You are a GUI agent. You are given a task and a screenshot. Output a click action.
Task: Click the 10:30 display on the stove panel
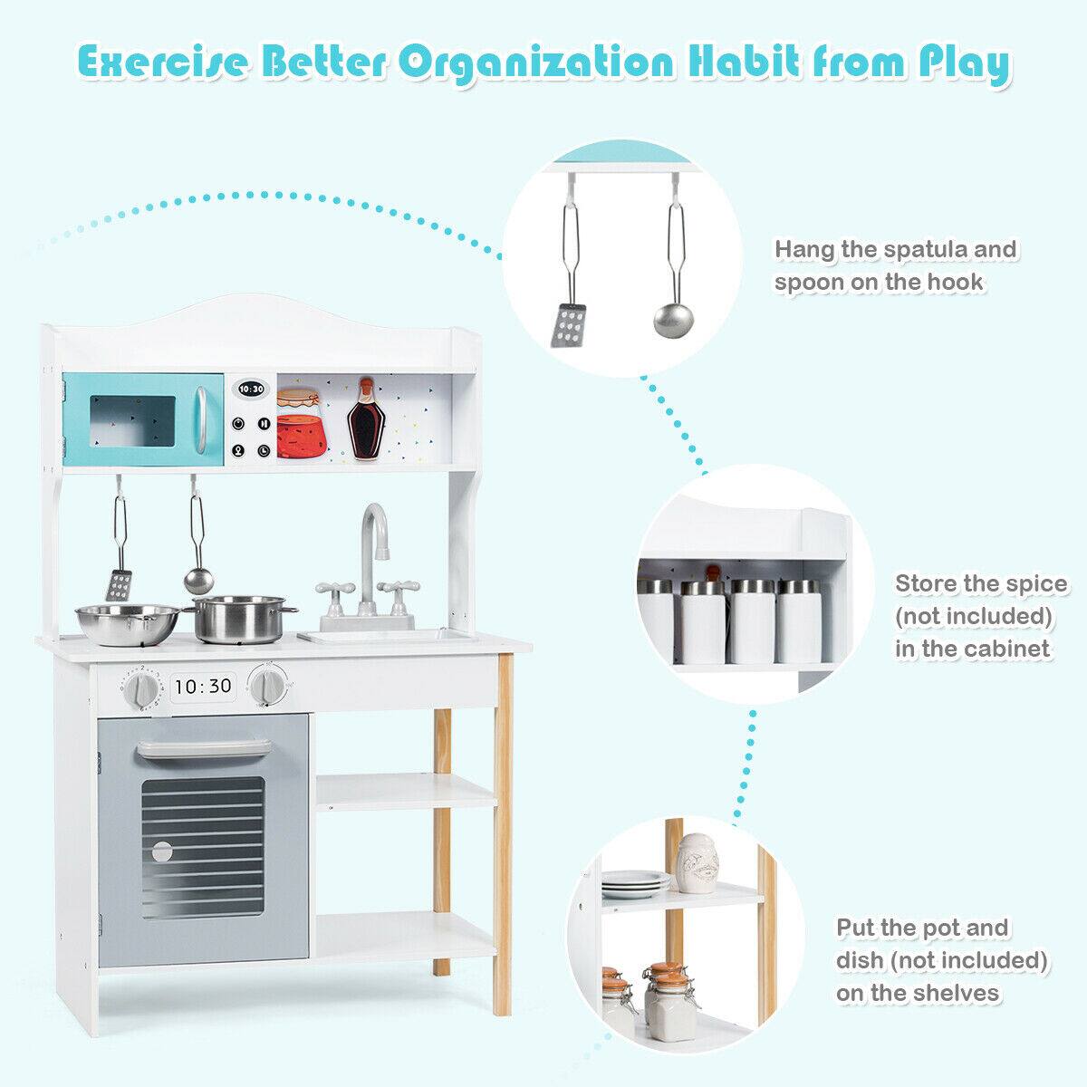pos(203,686)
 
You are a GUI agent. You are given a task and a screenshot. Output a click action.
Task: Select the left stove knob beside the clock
pos(144,690)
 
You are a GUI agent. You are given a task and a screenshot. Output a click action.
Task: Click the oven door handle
pos(204,746)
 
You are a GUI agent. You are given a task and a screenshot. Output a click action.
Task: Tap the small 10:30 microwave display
pos(251,389)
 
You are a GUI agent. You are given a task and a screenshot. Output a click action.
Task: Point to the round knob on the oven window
pos(161,851)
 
